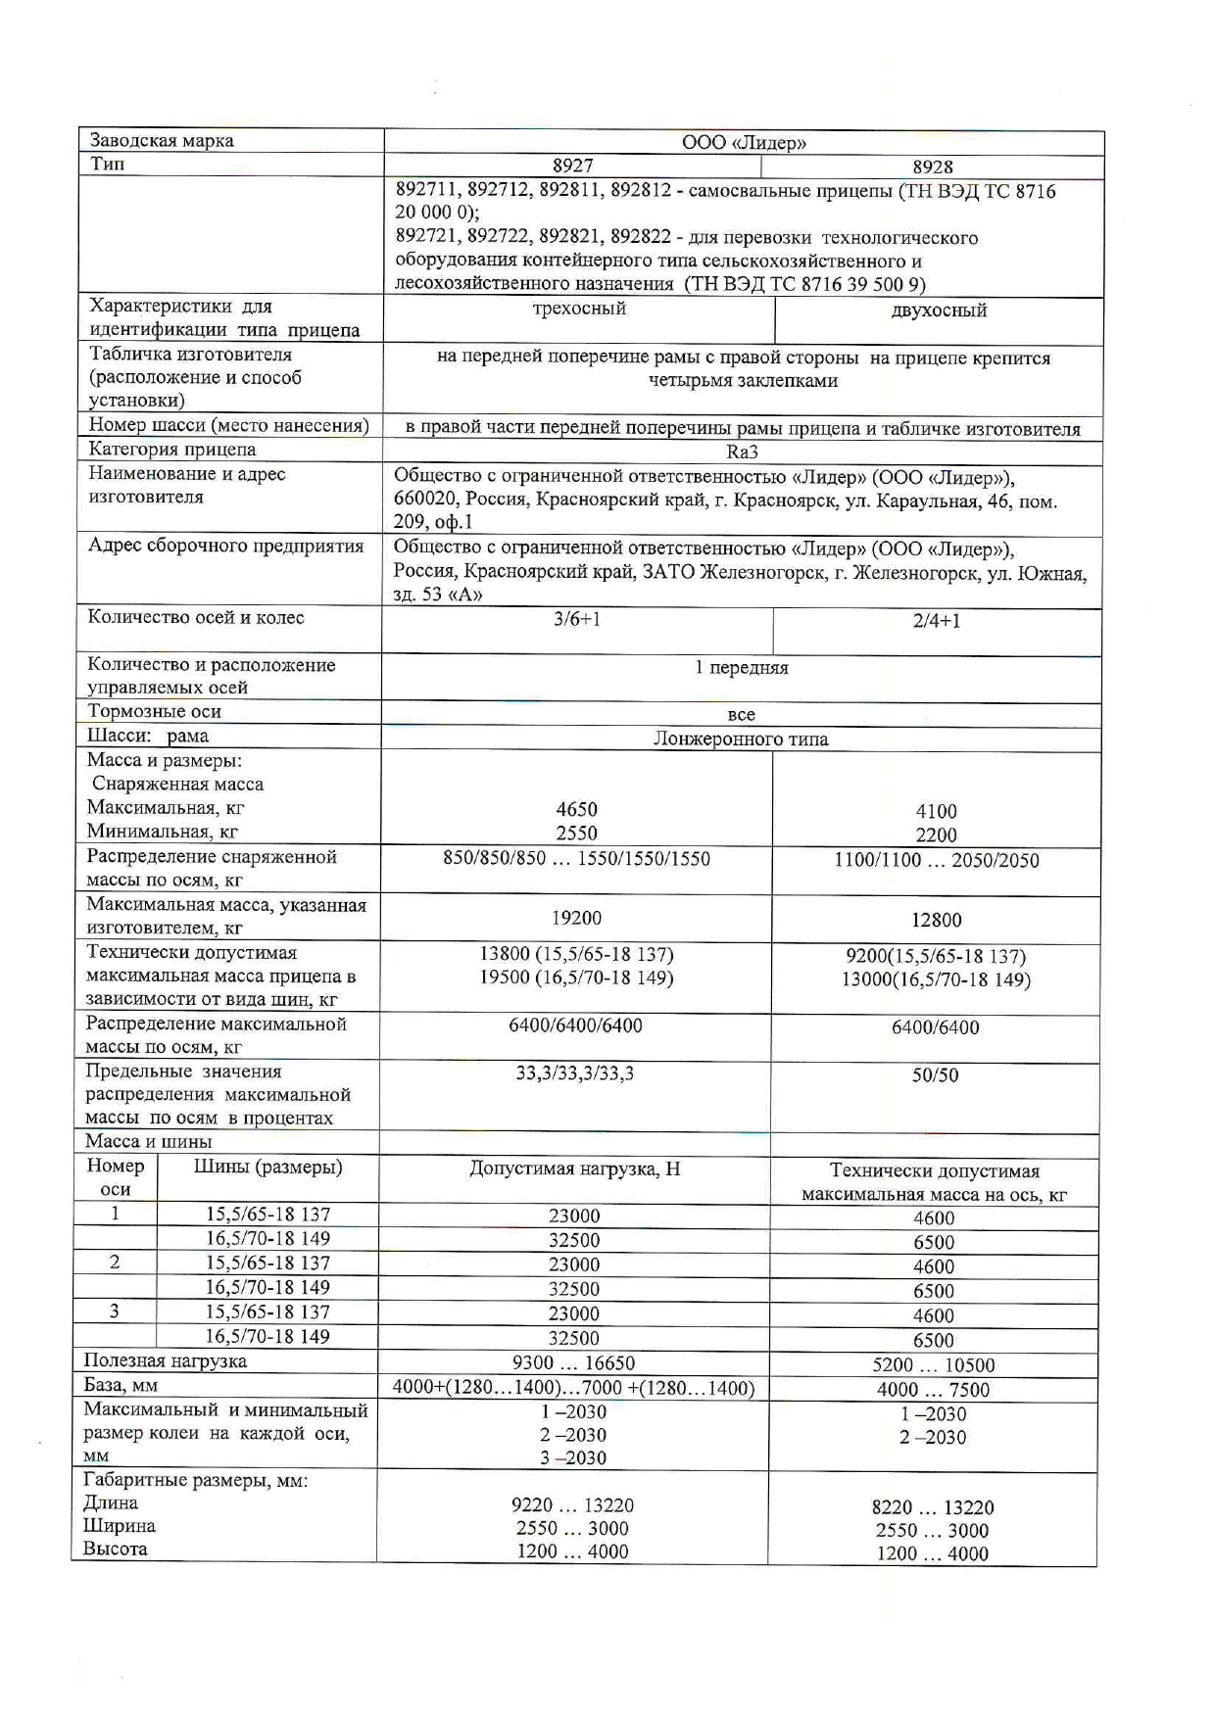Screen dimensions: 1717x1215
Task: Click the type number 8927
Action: (x=573, y=166)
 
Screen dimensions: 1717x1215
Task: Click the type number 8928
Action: (x=933, y=167)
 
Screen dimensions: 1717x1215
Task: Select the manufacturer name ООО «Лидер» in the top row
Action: (x=744, y=142)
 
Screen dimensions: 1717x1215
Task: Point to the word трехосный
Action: (x=579, y=309)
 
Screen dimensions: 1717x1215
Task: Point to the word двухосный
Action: (x=939, y=310)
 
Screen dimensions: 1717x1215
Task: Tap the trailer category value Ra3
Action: (x=742, y=452)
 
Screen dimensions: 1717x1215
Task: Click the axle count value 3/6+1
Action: (x=576, y=619)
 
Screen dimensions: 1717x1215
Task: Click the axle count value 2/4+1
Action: (x=936, y=621)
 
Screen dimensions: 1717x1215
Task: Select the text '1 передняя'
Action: (x=742, y=668)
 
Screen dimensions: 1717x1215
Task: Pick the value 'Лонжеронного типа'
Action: (x=741, y=739)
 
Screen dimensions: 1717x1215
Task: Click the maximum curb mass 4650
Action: (x=576, y=810)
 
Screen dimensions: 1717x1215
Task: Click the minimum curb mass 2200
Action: (x=936, y=835)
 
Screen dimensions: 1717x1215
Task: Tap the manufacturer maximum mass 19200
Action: (x=576, y=918)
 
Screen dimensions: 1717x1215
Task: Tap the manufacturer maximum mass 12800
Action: (x=936, y=920)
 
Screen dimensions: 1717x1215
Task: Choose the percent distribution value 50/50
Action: (x=935, y=1075)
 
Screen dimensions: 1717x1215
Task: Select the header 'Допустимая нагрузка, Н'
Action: (x=574, y=1169)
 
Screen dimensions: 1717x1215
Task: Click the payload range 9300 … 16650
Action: (x=574, y=1363)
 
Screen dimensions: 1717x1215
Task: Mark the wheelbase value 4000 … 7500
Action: (x=933, y=1390)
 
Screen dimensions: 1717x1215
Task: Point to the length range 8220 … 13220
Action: (x=933, y=1508)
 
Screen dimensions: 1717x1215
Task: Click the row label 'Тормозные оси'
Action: (x=154, y=712)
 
